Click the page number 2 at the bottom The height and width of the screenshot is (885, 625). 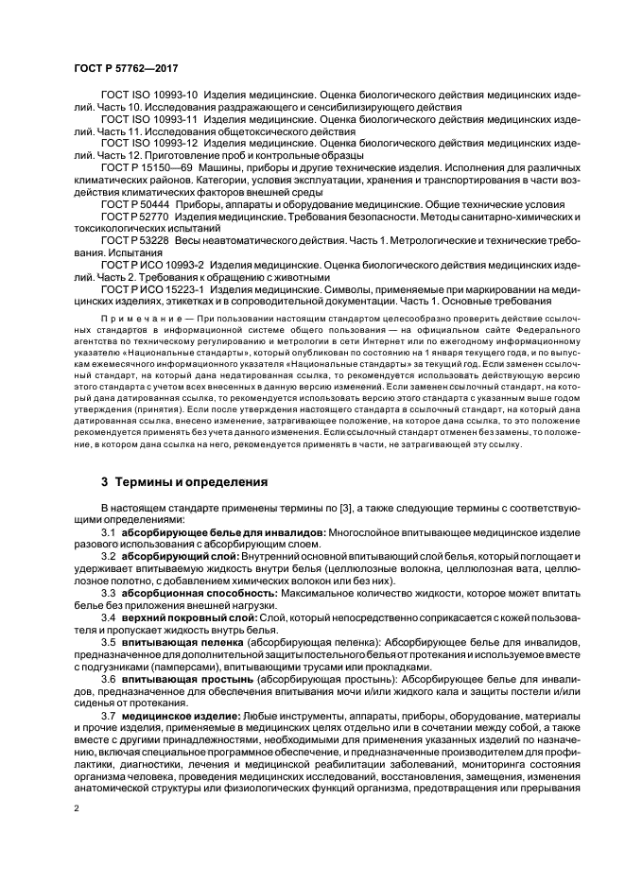coord(78,807)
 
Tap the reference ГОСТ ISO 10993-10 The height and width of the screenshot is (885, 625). coord(149,95)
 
